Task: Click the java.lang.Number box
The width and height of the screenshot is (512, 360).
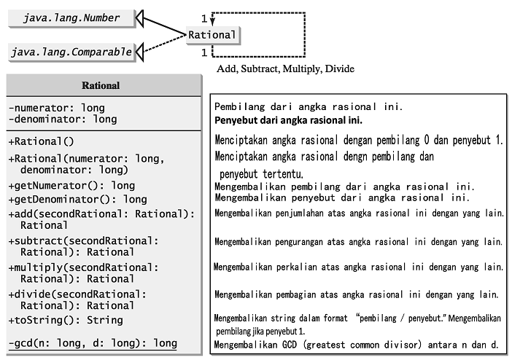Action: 71,17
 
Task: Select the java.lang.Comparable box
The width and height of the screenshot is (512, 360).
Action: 71,52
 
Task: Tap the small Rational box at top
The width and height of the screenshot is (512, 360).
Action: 212,34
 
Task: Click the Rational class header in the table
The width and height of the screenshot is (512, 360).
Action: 101,85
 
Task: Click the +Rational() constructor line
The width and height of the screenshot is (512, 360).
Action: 41,141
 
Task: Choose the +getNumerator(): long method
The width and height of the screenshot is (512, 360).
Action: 71,186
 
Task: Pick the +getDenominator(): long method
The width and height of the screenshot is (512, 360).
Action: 77,199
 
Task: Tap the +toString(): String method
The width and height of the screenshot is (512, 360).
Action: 65,320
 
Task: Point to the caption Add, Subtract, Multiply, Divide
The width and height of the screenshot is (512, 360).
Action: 285,69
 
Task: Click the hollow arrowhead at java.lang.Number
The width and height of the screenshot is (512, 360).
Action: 144,17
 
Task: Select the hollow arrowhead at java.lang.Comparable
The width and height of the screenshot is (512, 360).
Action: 143,51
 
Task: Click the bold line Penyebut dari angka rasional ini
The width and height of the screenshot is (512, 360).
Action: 288,120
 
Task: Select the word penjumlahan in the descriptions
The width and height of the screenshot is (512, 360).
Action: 306,214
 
